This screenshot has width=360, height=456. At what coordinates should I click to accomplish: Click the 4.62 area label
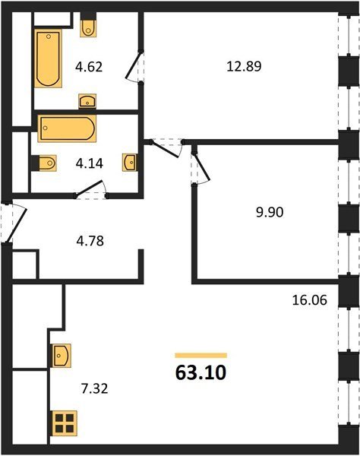tap(89, 67)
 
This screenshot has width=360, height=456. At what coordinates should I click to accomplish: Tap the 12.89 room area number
tap(244, 66)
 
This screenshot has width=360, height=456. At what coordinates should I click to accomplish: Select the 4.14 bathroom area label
tap(89, 163)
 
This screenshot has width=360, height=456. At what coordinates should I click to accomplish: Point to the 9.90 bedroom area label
tap(270, 212)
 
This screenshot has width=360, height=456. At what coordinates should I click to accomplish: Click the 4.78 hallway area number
tap(90, 241)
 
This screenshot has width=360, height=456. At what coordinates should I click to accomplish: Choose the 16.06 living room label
tap(309, 300)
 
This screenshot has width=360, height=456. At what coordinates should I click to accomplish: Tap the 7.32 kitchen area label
tap(94, 388)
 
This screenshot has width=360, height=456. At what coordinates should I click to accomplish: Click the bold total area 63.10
tap(201, 373)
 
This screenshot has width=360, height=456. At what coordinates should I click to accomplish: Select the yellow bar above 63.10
tap(201, 356)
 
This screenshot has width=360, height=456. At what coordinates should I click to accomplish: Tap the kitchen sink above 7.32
tap(62, 356)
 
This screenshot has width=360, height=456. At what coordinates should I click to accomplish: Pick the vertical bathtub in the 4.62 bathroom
tap(49, 59)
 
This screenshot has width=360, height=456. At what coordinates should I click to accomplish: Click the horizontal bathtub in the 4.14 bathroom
tap(67, 128)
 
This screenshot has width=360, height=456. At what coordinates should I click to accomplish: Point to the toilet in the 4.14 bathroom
tap(44, 163)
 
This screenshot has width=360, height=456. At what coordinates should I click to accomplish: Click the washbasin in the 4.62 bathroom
tap(87, 101)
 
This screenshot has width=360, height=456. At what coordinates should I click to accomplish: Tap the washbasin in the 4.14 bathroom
tap(130, 163)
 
